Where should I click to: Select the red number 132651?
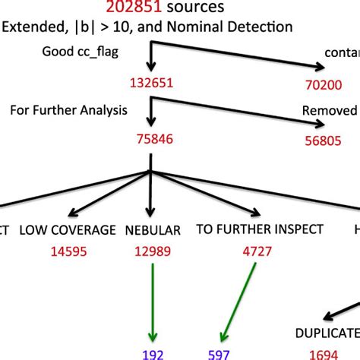point(153,83)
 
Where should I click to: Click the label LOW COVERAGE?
point(68,229)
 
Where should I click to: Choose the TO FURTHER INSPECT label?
point(259,229)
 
